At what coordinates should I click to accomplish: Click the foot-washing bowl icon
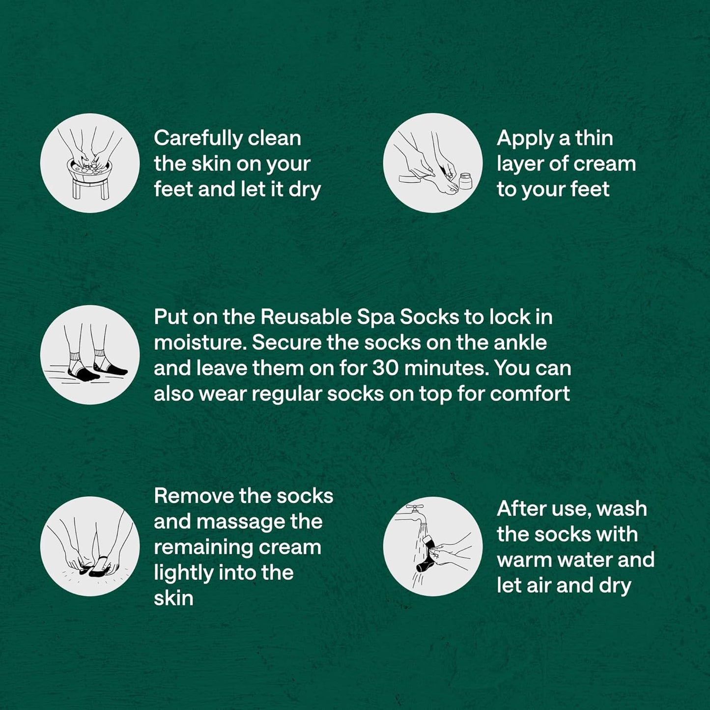click(90, 163)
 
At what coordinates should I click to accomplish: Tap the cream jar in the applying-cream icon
click(466, 181)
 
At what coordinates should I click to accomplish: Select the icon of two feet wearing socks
click(90, 354)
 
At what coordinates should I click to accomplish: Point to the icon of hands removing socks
click(90, 546)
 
